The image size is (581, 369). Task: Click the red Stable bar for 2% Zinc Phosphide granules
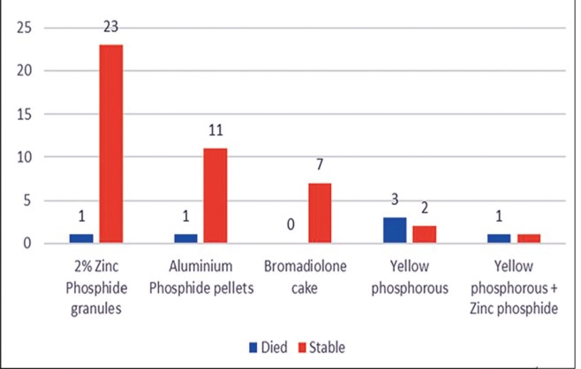(111, 144)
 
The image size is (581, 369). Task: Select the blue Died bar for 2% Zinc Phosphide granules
(81, 238)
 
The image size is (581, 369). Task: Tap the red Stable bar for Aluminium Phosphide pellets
(215, 196)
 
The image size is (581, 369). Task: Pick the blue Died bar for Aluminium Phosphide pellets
(185, 238)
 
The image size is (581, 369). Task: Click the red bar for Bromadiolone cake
(320, 213)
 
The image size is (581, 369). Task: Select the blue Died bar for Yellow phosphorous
(395, 230)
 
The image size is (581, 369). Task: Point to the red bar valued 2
(425, 235)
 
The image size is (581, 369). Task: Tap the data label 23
(110, 26)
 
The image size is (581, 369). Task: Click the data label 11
(215, 131)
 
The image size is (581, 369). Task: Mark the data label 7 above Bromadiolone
(320, 164)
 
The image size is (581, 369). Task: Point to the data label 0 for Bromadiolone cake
(290, 224)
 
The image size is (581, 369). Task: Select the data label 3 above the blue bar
(395, 200)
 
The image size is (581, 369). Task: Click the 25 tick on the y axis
(24, 27)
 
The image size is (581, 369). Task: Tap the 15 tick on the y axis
(24, 114)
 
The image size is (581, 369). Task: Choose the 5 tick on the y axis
(27, 200)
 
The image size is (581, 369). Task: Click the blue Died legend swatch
(253, 348)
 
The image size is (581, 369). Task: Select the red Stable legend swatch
(302, 348)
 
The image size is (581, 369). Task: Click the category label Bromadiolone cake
(305, 277)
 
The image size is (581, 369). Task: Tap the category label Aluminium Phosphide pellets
(201, 277)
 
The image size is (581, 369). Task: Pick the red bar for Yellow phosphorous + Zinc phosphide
(529, 238)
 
